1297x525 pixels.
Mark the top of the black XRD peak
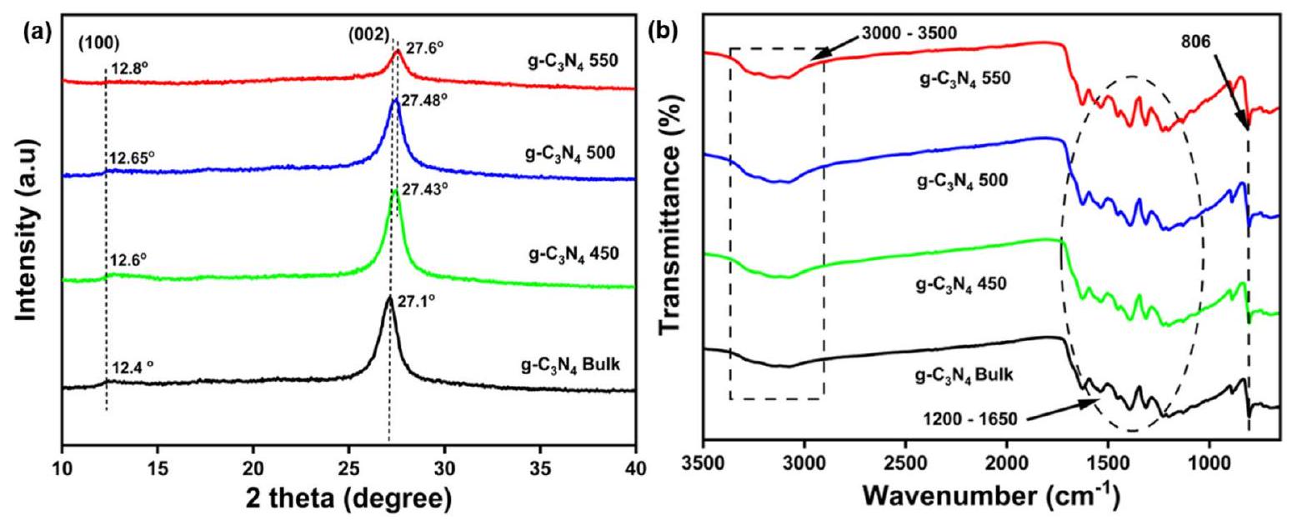tap(389, 297)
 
